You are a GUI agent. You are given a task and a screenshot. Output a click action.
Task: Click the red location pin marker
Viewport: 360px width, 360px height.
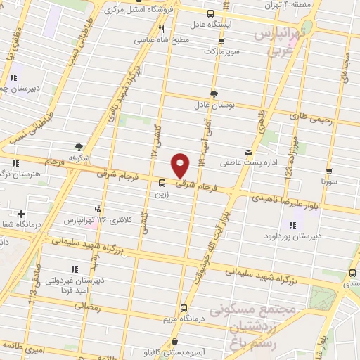181,165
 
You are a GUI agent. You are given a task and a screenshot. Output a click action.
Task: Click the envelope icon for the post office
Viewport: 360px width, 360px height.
247,153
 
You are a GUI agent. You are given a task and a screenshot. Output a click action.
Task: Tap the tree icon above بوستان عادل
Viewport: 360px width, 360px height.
213,94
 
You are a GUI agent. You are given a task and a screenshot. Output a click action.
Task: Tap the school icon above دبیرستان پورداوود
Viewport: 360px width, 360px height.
292,225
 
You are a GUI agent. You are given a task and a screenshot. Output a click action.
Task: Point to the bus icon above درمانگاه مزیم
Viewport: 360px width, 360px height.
184,308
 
